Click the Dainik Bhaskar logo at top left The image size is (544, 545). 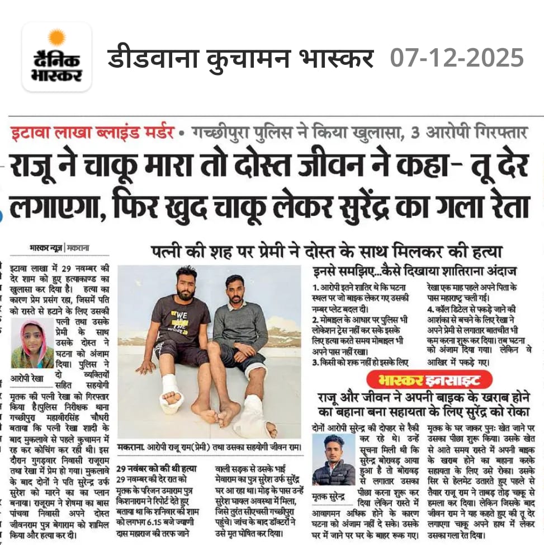(x=56, y=57)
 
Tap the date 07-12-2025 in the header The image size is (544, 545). (x=457, y=58)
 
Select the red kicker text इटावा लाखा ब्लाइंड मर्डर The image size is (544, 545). (x=90, y=134)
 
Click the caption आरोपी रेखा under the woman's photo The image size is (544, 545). (x=27, y=378)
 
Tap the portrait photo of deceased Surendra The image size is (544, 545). (x=334, y=459)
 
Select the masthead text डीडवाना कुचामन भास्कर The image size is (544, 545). (x=240, y=58)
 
